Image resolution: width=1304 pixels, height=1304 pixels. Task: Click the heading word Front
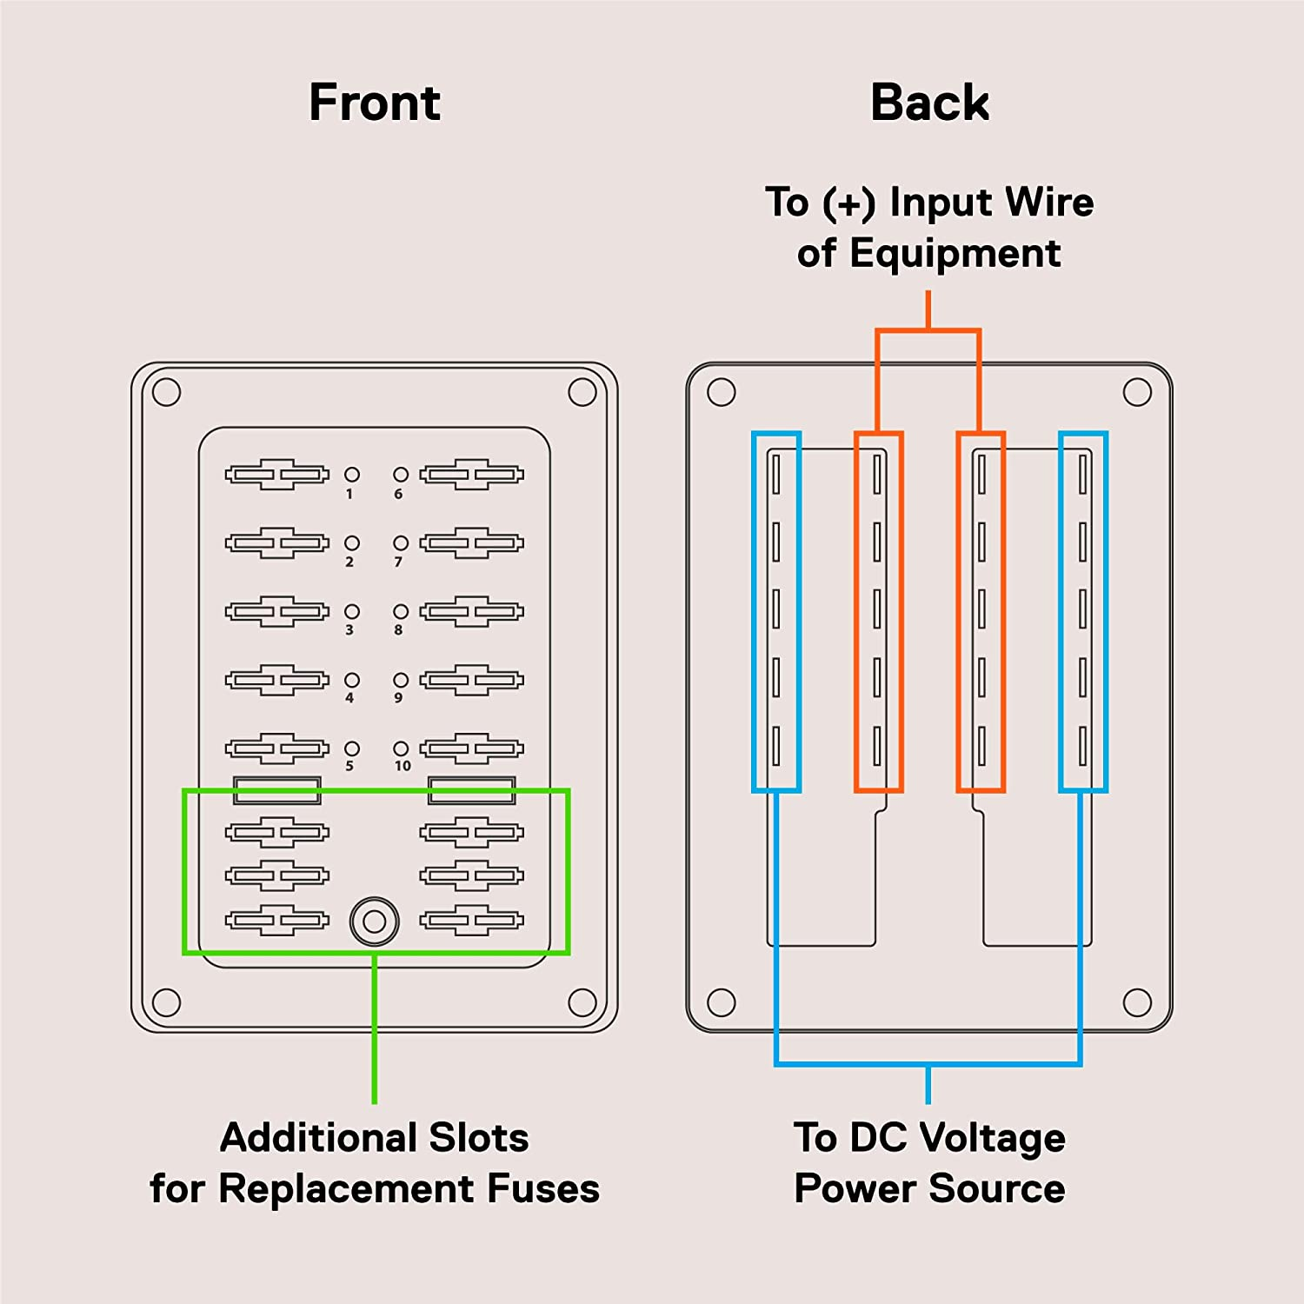pyautogui.click(x=375, y=103)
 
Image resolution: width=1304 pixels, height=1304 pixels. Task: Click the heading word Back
pyautogui.click(x=929, y=103)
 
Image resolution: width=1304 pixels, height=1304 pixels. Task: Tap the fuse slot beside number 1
pyautogui.click(x=277, y=475)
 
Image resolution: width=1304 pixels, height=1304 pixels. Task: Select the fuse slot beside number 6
pyautogui.click(x=472, y=475)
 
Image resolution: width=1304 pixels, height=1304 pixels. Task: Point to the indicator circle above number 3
pyautogui.click(x=352, y=611)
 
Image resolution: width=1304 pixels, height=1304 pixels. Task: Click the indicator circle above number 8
pyautogui.click(x=401, y=611)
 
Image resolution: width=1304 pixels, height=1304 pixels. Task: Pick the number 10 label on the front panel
pyautogui.click(x=403, y=766)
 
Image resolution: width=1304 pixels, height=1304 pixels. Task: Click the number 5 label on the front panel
pyautogui.click(x=349, y=766)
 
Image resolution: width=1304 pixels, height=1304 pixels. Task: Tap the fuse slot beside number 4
pyautogui.click(x=277, y=680)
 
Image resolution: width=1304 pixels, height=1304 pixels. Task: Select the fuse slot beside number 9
pyautogui.click(x=472, y=680)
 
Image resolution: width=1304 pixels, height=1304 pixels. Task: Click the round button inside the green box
pyautogui.click(x=375, y=921)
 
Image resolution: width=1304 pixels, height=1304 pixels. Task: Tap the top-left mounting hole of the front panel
pyautogui.click(x=166, y=392)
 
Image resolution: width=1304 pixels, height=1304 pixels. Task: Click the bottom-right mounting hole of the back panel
pyautogui.click(x=1137, y=1002)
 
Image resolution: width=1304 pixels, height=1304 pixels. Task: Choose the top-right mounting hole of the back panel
pyautogui.click(x=1137, y=392)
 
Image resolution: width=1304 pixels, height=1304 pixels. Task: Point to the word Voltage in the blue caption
pyautogui.click(x=992, y=1138)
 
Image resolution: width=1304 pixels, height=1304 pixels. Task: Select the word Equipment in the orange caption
pyautogui.click(x=955, y=254)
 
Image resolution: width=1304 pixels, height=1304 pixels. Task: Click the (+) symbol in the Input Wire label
pyautogui.click(x=849, y=203)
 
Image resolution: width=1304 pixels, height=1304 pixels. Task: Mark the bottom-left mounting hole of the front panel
pyautogui.click(x=166, y=1002)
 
